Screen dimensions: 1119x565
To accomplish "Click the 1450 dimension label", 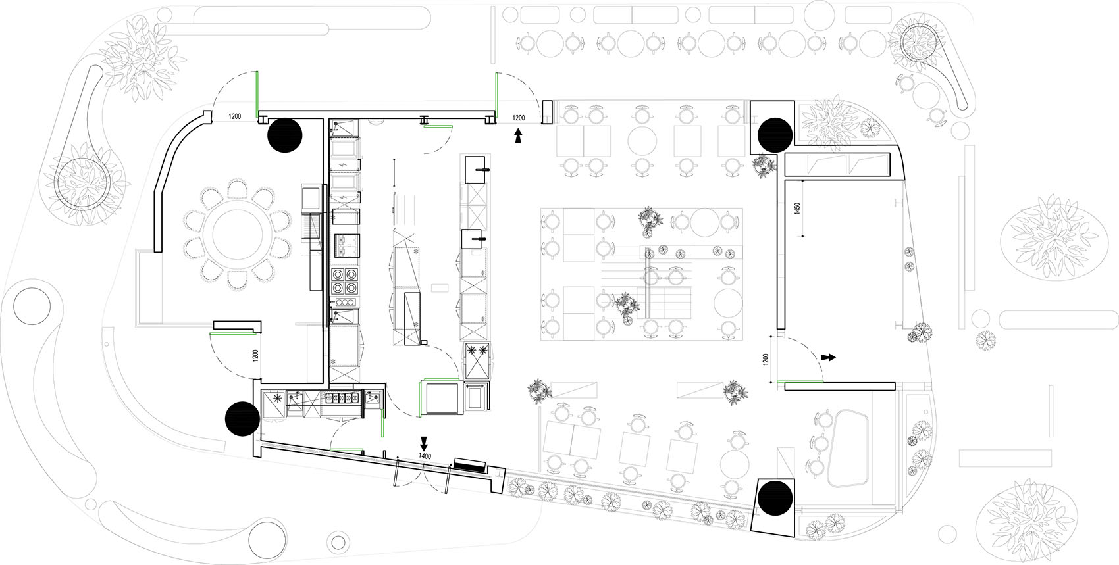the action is (797, 208).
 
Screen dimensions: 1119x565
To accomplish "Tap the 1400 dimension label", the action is (425, 456).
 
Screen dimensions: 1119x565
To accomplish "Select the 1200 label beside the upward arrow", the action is (519, 118).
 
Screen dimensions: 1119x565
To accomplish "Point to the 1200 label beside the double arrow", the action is (766, 359).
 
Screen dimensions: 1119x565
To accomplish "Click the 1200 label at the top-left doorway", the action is (235, 117).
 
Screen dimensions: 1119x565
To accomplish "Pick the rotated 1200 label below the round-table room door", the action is (255, 355).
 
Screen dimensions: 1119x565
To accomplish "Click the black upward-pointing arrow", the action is (519, 135).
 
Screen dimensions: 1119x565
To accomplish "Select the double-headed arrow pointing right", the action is (829, 357).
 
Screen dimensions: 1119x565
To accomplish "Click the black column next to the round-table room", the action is (285, 135).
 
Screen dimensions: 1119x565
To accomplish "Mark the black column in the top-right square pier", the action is (775, 135).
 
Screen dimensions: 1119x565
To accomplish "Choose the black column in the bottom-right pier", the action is (775, 498).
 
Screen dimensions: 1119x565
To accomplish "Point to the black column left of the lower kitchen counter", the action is (242, 419).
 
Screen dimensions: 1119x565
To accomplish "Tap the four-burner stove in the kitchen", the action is (345, 281).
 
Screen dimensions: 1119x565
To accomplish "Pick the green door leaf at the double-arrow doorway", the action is (800, 382).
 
